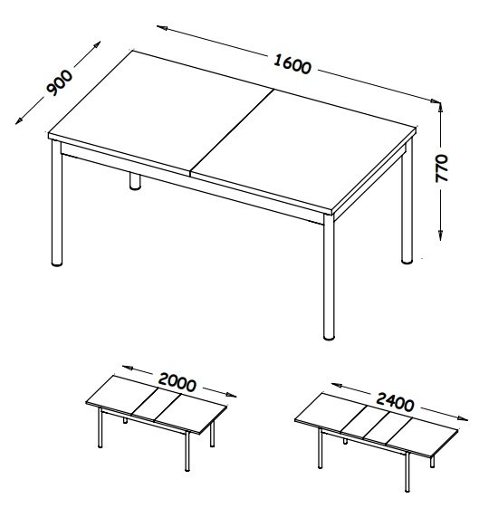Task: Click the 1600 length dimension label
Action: coord(292,64)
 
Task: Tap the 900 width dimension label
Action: coord(60,83)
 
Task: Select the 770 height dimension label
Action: coord(442,168)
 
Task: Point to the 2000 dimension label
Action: coord(177,382)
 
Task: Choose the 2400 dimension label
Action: coord(395,402)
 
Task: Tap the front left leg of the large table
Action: coord(57,203)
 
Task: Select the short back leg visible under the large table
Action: coord(135,181)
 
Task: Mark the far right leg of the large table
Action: coord(407,201)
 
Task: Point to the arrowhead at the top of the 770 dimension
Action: coord(440,107)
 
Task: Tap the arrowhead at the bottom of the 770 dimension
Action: coord(440,235)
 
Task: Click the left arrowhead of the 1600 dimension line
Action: coord(162,28)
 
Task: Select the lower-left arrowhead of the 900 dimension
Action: coord(19,120)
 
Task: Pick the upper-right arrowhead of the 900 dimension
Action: coord(97,44)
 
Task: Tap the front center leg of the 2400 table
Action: coord(407,473)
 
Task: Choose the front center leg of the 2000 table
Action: coord(187,451)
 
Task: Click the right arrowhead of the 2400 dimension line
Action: coord(463,419)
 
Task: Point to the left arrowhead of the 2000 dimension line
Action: coord(128,368)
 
